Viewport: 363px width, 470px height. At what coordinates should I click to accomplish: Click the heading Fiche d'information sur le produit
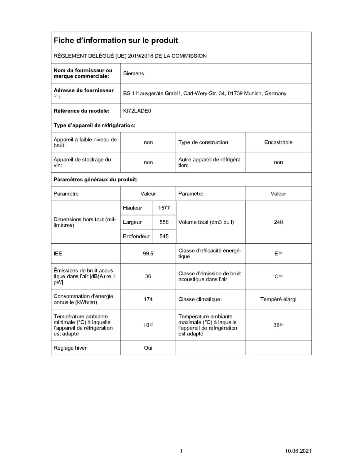click(116, 41)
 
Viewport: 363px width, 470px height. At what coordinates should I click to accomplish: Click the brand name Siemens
click(133, 73)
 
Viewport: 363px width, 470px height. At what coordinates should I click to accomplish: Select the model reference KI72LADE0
click(137, 111)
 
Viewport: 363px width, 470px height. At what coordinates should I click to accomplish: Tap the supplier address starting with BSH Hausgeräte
click(205, 94)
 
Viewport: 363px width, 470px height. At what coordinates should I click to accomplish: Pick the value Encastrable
click(278, 142)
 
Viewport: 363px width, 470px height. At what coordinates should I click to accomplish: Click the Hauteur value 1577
click(164, 208)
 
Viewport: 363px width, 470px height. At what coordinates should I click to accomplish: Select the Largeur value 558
click(164, 222)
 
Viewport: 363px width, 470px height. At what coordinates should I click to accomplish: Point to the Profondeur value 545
click(164, 236)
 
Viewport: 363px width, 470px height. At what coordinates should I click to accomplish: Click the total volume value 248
click(278, 222)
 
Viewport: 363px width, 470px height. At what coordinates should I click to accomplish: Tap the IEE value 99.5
click(148, 254)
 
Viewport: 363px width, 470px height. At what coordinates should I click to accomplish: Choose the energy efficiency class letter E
click(276, 254)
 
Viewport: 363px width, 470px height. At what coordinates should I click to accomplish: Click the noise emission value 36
click(148, 276)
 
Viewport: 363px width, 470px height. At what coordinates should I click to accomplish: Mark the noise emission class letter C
click(277, 276)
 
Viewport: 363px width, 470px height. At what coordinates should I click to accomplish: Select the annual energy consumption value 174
click(148, 299)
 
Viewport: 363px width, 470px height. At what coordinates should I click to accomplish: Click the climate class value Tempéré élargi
click(278, 299)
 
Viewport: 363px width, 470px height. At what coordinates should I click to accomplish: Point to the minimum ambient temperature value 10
click(146, 325)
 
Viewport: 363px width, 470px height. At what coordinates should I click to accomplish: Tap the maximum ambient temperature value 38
click(277, 325)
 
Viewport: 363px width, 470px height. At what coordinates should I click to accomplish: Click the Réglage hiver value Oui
click(148, 348)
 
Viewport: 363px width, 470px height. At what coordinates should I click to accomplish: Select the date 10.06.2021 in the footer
click(298, 451)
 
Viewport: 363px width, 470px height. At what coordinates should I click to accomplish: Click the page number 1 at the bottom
click(181, 451)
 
